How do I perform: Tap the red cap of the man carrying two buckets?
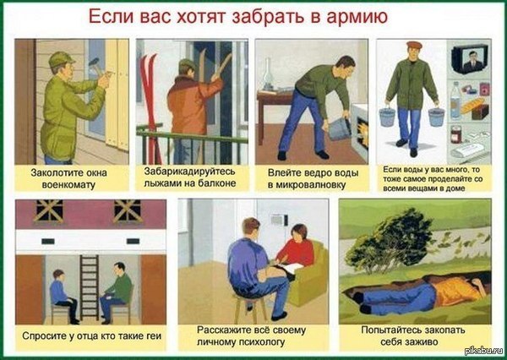click(414, 45)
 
